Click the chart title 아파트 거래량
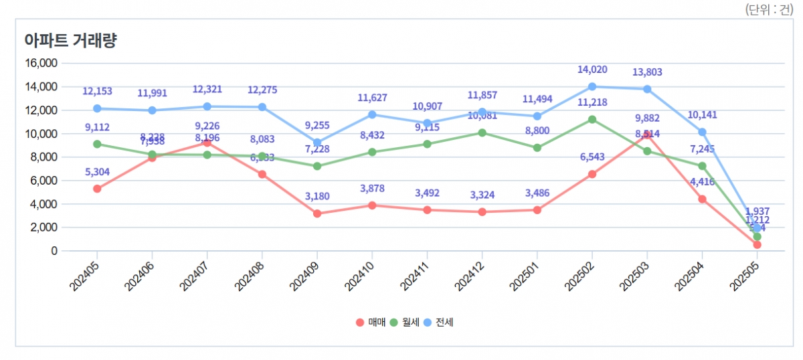point(70,39)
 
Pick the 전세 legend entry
point(439,323)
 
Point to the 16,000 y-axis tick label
point(40,63)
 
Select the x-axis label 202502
point(580,275)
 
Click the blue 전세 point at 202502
point(592,86)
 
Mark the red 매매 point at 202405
point(97,189)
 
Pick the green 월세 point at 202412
point(482,132)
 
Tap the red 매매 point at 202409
point(317,213)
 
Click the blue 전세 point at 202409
point(317,143)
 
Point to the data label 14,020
point(592,70)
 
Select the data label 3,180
point(317,197)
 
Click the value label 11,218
point(592,102)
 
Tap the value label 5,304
point(97,172)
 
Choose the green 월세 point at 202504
point(702,166)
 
